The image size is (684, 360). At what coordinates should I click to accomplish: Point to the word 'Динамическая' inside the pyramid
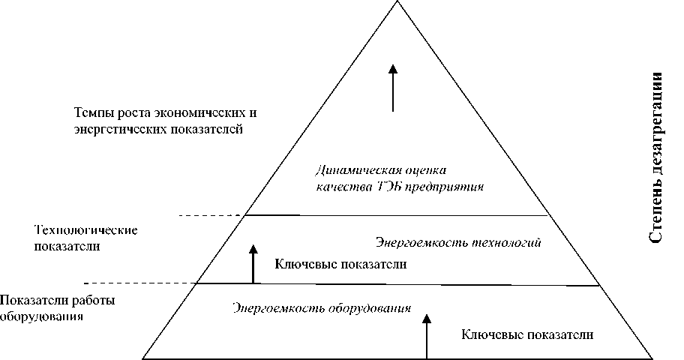pos(348,169)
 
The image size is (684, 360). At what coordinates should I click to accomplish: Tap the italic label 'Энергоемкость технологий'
pos(457,243)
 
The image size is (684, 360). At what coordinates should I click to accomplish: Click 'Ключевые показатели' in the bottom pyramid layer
pos(528,334)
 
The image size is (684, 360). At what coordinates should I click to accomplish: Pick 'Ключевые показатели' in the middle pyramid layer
pos(341,264)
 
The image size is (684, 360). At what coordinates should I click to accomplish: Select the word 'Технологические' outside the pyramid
pos(85,229)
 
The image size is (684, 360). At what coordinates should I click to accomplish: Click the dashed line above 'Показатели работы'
pos(139,283)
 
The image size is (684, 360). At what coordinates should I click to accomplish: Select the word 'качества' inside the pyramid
pos(338,184)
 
